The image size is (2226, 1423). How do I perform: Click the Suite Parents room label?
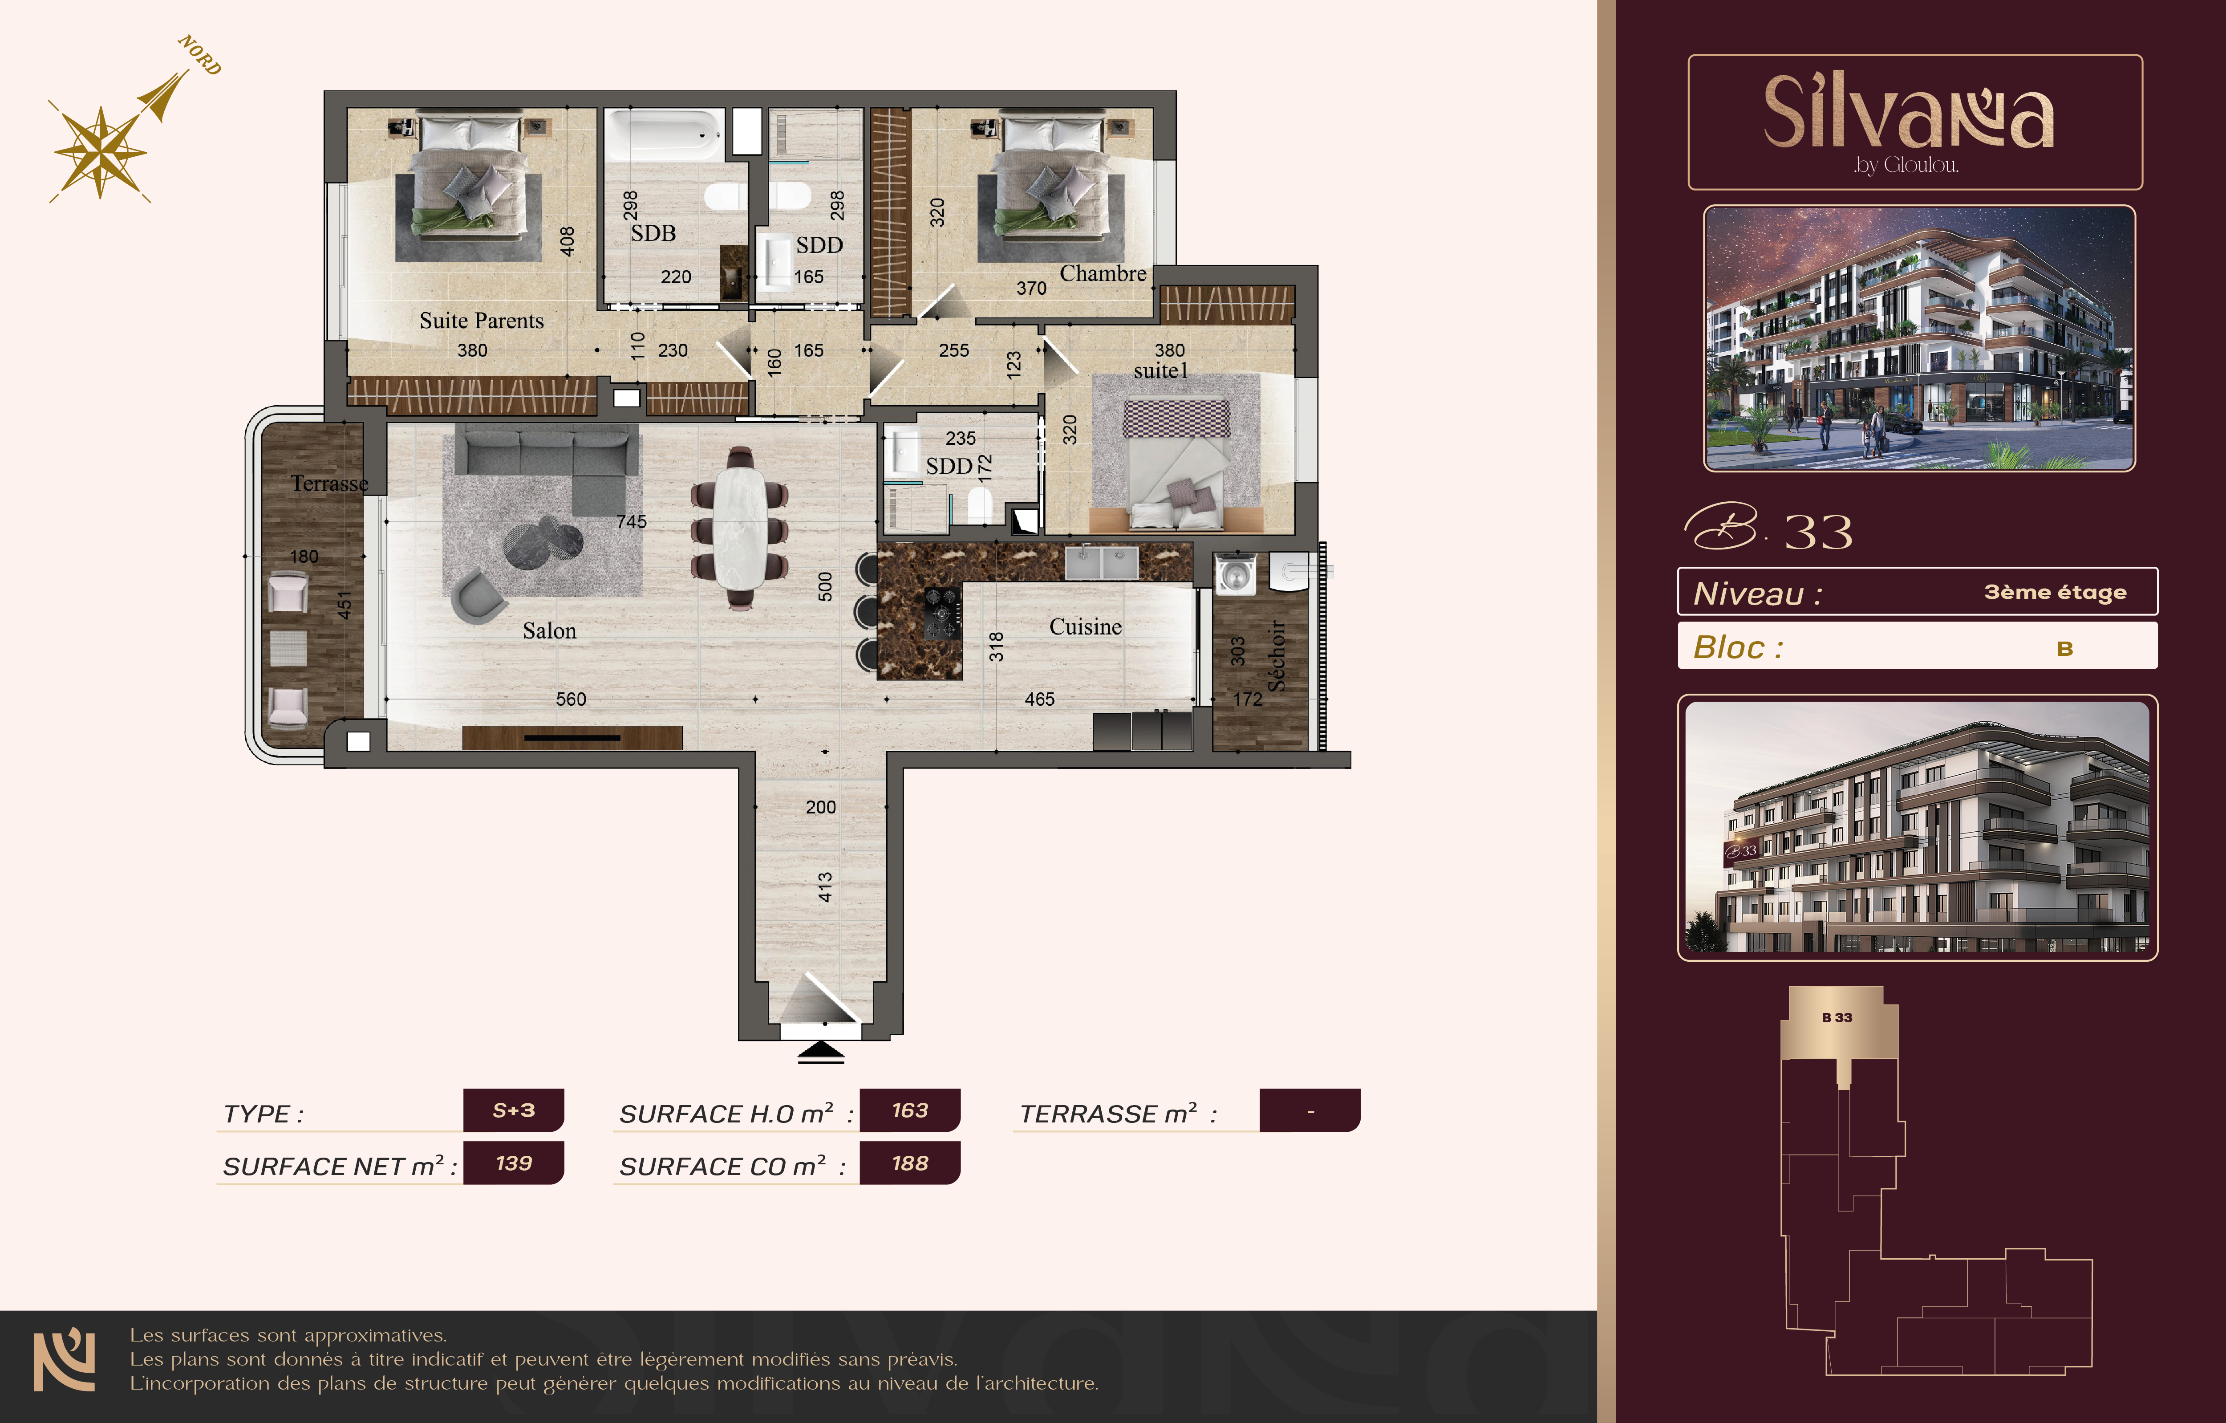482,321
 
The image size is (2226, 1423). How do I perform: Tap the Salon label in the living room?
549,630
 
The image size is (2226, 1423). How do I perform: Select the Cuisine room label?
1085,627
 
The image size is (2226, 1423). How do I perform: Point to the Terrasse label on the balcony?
329,484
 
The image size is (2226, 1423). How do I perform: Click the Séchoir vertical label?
1277,655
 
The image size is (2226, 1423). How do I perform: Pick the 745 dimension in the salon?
631,521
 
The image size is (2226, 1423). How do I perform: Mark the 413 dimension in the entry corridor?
825,887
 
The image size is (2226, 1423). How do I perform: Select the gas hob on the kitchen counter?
942,612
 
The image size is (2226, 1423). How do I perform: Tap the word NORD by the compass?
200,56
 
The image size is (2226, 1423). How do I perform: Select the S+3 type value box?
513,1110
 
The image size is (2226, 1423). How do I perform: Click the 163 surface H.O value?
910,1110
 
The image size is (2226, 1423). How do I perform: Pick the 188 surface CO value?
910,1163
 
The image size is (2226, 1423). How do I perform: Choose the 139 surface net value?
513,1163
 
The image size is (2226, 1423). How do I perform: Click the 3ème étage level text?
2055,592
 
